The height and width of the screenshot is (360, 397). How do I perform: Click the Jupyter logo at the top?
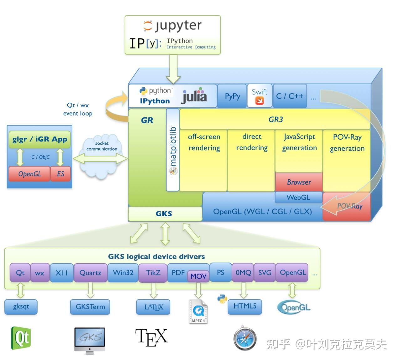[x=173, y=26]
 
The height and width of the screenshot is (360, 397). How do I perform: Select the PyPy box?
[x=232, y=96]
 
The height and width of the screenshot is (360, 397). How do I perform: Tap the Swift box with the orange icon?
[x=259, y=96]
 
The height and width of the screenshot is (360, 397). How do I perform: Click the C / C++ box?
[x=290, y=96]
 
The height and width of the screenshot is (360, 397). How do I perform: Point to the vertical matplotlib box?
[x=173, y=150]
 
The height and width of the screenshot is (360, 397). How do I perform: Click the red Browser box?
[x=299, y=182]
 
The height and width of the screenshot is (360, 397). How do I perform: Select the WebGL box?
[x=298, y=198]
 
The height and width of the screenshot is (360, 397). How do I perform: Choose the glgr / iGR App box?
[x=40, y=139]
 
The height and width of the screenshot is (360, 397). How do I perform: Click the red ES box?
[x=60, y=174]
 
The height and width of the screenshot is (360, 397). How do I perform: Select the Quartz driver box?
[x=90, y=273]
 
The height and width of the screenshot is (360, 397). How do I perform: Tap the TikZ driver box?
[x=153, y=273]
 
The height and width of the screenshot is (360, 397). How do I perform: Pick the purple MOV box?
[x=198, y=276]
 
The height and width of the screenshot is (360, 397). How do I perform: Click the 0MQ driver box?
[x=243, y=273]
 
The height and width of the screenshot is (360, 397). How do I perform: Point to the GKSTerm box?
[x=90, y=306]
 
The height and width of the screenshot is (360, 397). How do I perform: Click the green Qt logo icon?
[x=21, y=338]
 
